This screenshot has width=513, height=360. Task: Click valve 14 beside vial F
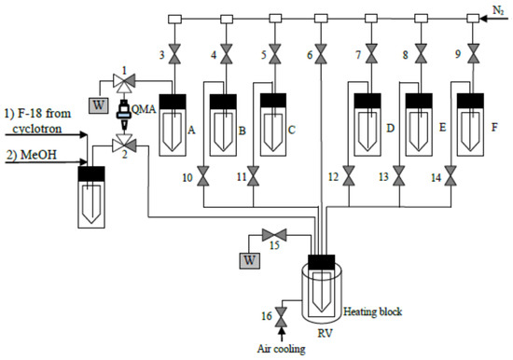coord(452,174)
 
